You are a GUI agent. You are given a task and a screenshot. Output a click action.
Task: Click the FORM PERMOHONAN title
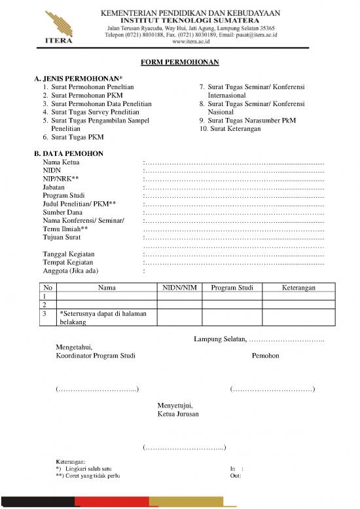179,63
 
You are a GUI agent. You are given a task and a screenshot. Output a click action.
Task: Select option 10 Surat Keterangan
230,129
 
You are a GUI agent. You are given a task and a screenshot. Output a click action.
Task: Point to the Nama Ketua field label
62,161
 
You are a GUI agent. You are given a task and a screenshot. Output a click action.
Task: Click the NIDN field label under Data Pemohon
52,170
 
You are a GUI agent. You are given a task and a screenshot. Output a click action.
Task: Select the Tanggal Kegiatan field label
68,254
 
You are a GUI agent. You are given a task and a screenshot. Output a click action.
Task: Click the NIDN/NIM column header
179,288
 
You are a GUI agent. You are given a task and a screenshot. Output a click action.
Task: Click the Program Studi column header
232,288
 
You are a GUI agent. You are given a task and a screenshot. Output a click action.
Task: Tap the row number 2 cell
45,305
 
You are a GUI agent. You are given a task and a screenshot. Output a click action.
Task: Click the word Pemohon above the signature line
265,356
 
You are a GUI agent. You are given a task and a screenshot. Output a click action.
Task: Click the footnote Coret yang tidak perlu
91,476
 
